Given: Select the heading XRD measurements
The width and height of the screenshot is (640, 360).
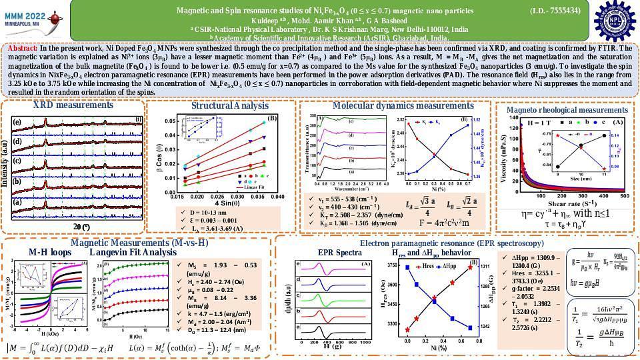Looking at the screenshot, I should coord(73,105).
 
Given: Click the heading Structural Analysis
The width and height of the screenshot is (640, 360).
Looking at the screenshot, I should coord(220,106).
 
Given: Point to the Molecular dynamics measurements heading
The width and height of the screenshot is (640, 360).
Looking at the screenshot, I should coord(394,106).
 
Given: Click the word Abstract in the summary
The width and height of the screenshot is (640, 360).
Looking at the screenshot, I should coord(22,49).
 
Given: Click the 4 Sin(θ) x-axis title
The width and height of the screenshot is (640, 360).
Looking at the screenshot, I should coord(219,203).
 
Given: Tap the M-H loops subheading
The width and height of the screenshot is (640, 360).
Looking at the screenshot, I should coord(50,253).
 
